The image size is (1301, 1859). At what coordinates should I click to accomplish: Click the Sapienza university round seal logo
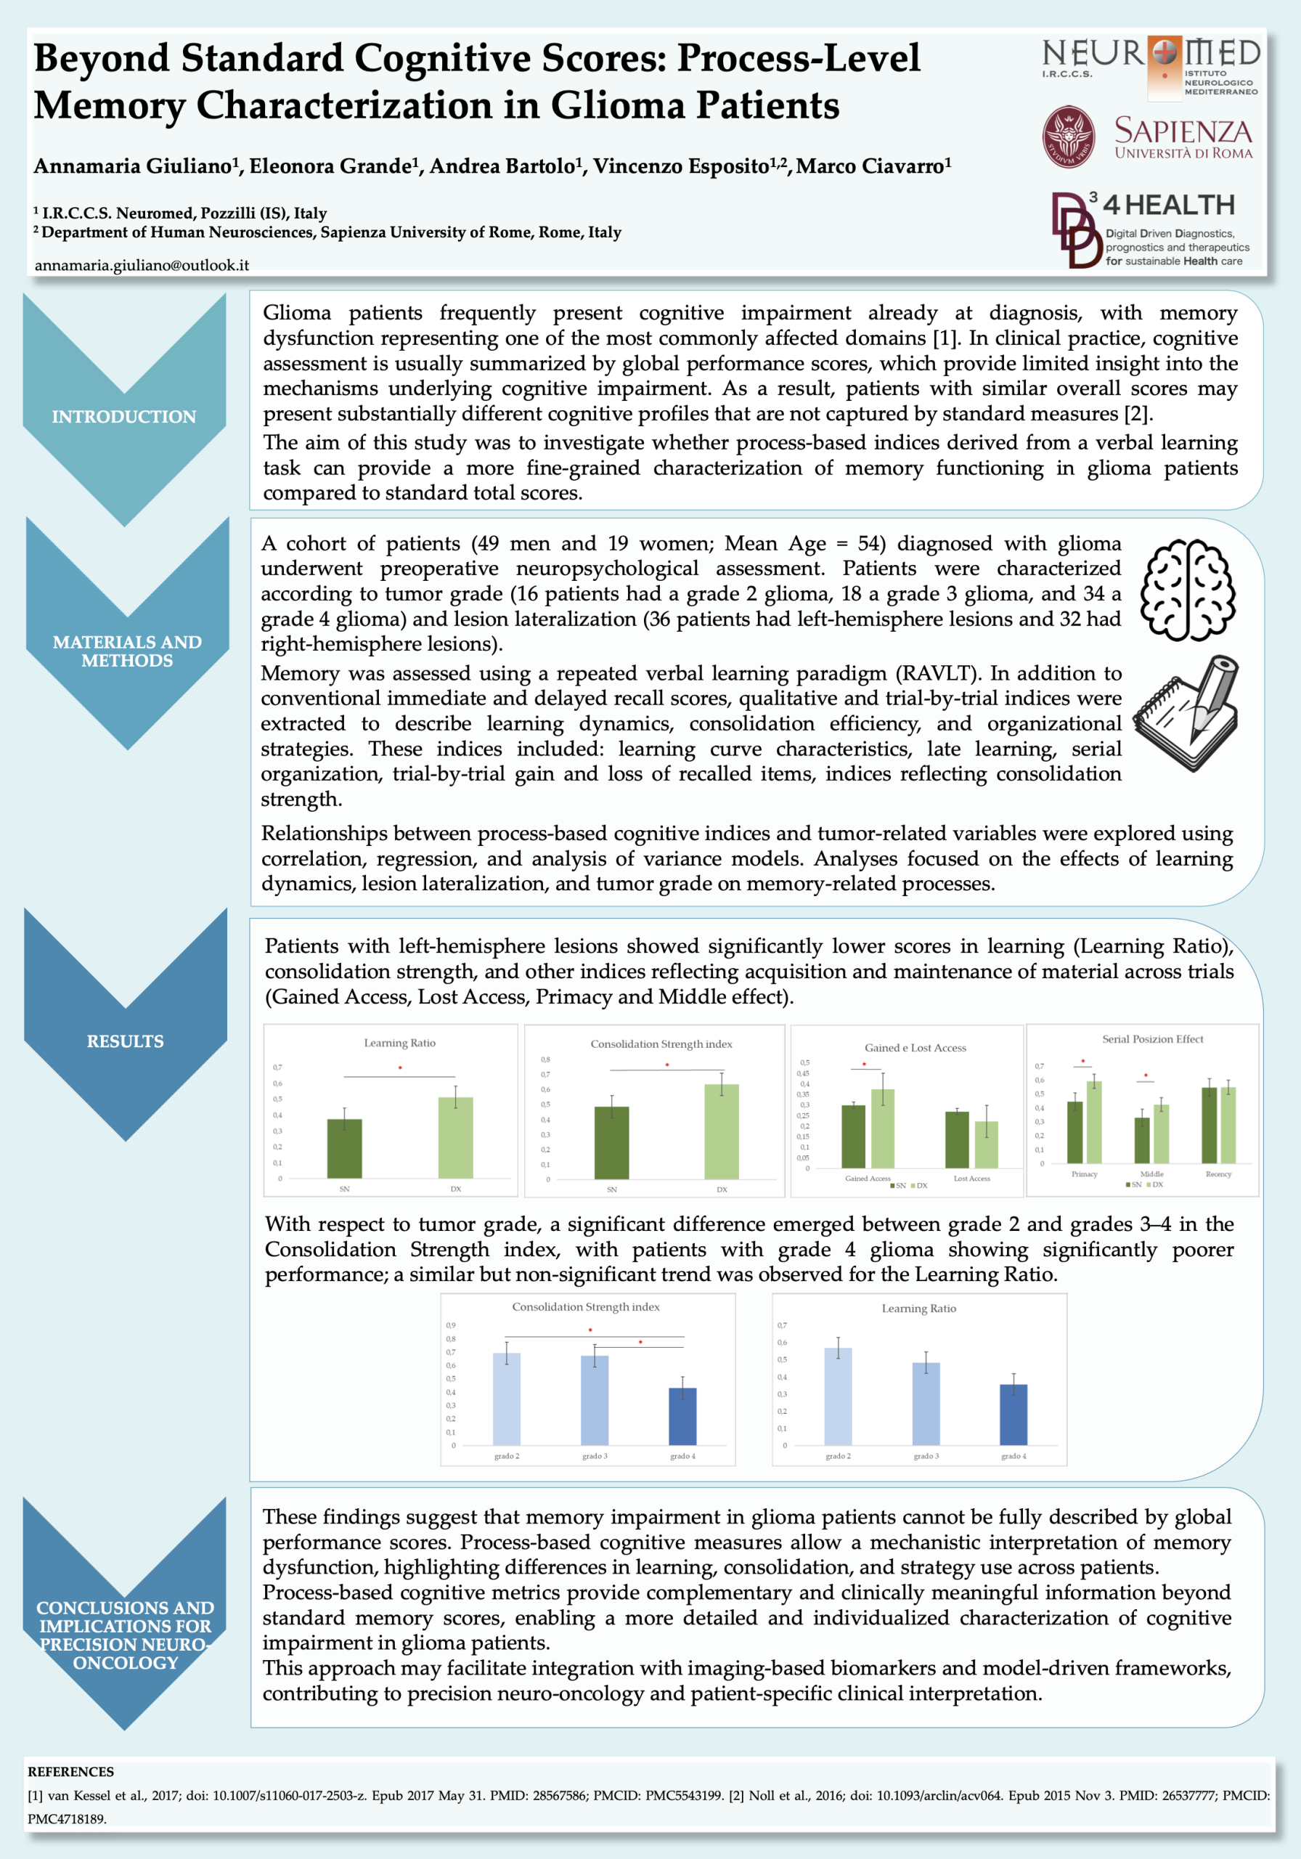(x=1068, y=137)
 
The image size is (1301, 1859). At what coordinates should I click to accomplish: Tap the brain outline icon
(x=1188, y=590)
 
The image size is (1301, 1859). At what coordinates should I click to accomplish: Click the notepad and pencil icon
(x=1187, y=712)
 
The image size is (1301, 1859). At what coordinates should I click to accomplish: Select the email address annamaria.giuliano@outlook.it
(x=142, y=265)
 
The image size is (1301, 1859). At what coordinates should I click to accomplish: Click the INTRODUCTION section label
(x=124, y=416)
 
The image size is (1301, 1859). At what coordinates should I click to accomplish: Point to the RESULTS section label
(x=126, y=1041)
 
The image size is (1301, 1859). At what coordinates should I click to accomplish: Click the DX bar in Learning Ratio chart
(x=456, y=1138)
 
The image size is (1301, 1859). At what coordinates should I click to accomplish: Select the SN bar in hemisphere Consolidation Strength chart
(x=612, y=1142)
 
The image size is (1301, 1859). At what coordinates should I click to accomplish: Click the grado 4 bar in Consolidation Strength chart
(x=682, y=1416)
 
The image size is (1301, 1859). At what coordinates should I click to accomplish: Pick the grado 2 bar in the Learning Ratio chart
(x=838, y=1396)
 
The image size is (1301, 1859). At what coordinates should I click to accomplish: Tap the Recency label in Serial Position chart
(x=1218, y=1174)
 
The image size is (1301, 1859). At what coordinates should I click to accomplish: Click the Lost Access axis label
(x=971, y=1178)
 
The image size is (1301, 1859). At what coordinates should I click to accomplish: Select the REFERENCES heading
(x=70, y=1772)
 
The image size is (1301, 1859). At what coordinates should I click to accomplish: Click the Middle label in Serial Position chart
(x=1152, y=1174)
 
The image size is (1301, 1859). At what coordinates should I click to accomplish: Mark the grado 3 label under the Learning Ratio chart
(x=926, y=1456)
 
